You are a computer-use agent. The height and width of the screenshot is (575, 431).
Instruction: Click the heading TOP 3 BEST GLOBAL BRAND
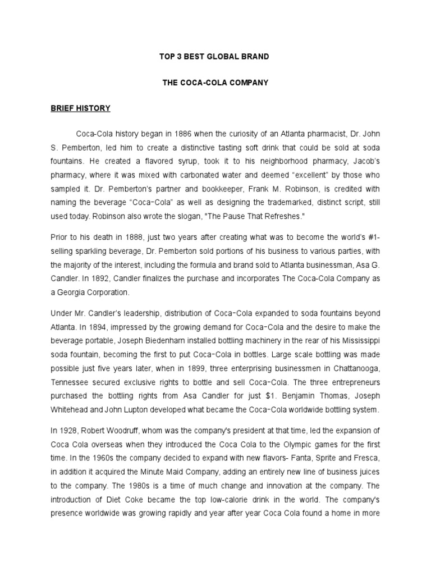click(215, 57)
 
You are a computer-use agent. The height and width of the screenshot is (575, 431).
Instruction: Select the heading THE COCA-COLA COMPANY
click(215, 83)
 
